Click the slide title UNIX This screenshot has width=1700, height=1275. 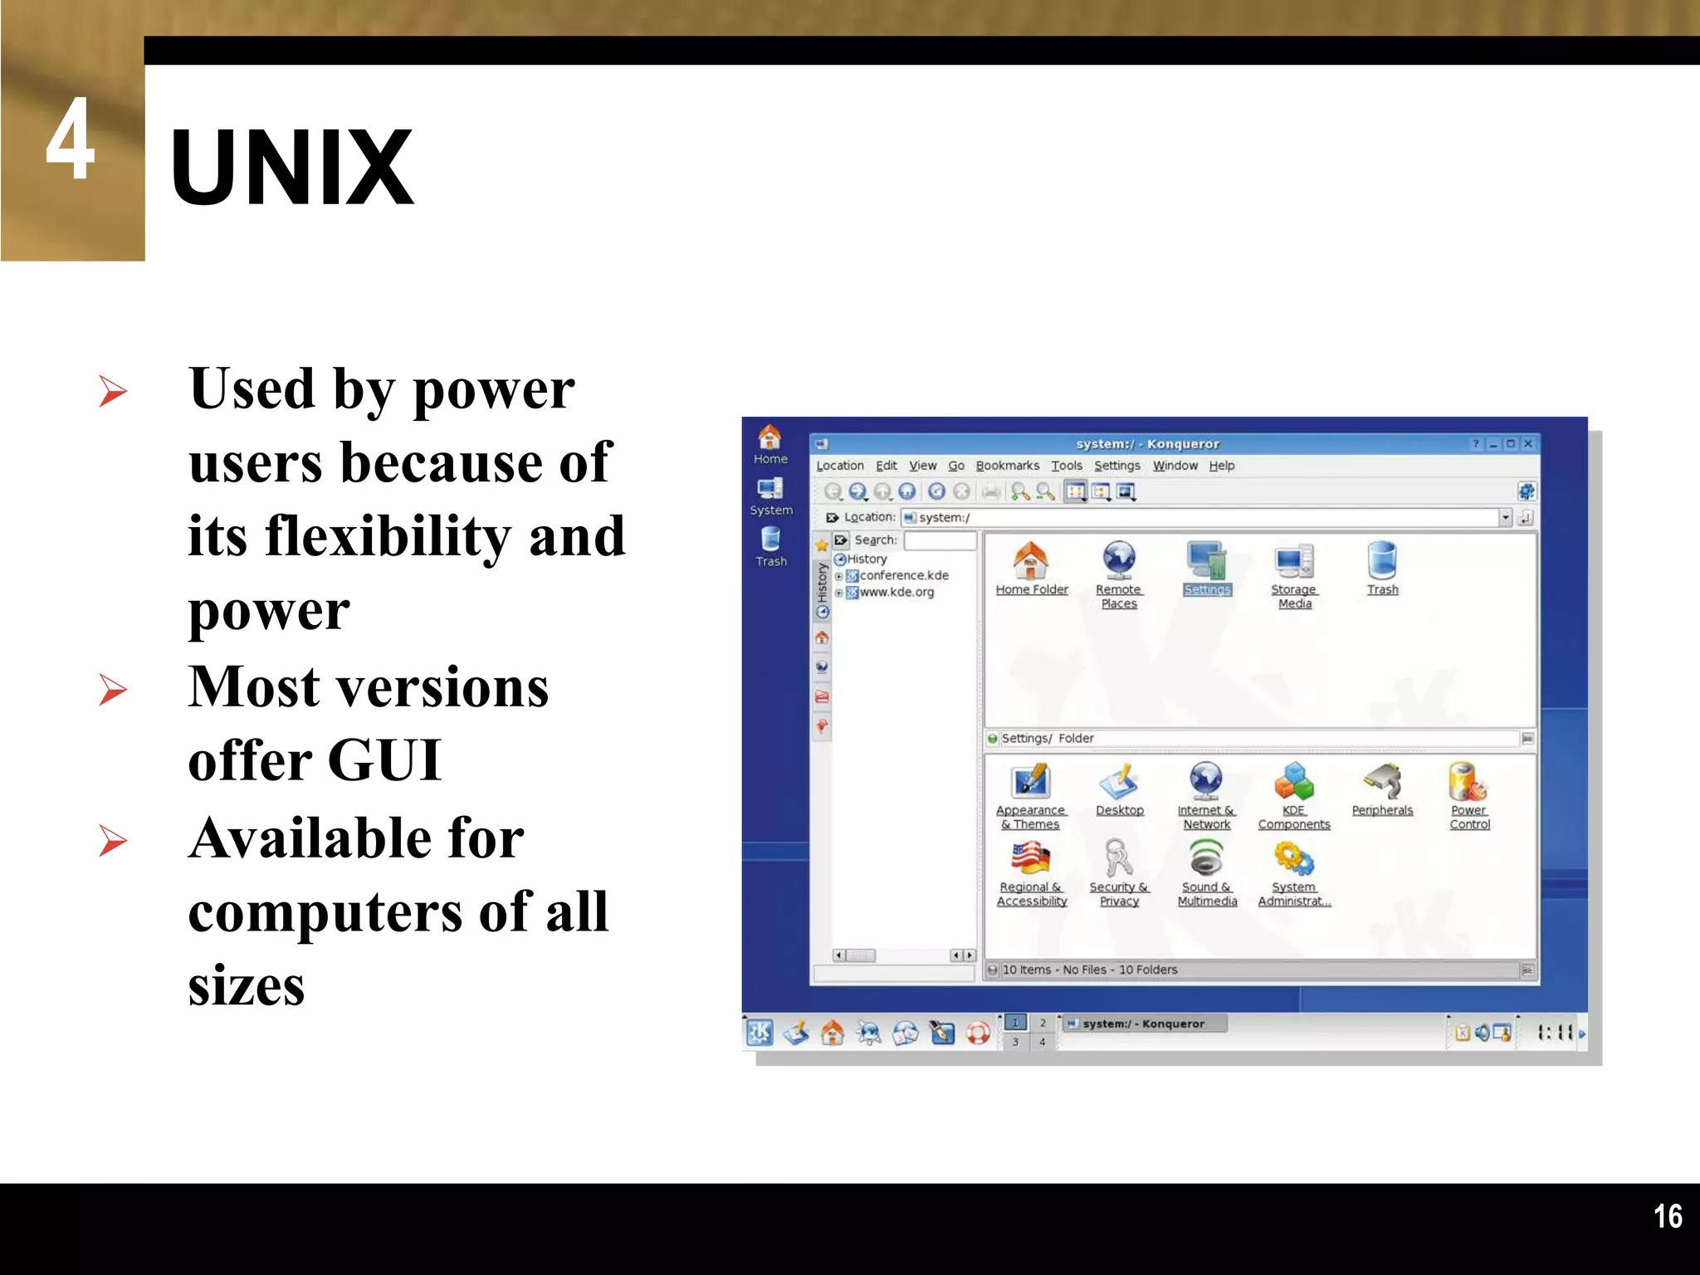click(291, 168)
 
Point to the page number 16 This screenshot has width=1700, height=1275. click(1667, 1217)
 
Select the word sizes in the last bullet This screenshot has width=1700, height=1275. click(246, 985)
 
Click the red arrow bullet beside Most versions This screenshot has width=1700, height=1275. click(113, 689)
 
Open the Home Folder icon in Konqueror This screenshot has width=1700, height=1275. click(1031, 562)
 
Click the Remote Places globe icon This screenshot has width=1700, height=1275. click(1118, 559)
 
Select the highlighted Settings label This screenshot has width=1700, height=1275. click(1207, 589)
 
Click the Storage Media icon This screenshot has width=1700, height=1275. click(1294, 562)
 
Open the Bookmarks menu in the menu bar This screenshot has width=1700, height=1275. click(1007, 466)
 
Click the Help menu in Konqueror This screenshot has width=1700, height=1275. click(1221, 466)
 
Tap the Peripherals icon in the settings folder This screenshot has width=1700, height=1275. click(1382, 782)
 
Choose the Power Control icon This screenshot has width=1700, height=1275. click(1468, 782)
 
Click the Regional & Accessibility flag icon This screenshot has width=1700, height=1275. click(1031, 858)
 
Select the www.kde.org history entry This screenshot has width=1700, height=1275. click(896, 593)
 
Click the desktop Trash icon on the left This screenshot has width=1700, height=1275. click(770, 541)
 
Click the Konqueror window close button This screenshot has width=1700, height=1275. click(1528, 444)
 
